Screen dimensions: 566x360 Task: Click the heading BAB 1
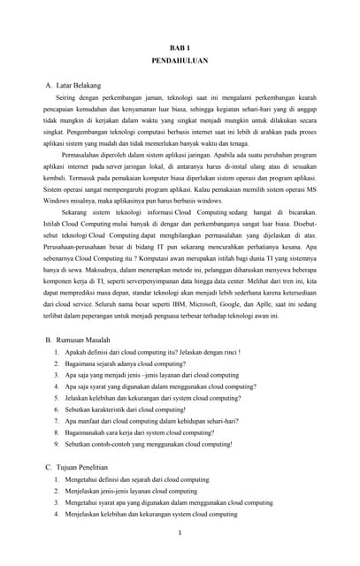click(x=180, y=47)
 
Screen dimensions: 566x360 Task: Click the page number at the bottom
click(x=180, y=532)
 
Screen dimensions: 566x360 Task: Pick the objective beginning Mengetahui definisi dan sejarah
click(x=137, y=479)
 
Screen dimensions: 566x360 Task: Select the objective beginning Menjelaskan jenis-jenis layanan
click(x=132, y=491)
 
